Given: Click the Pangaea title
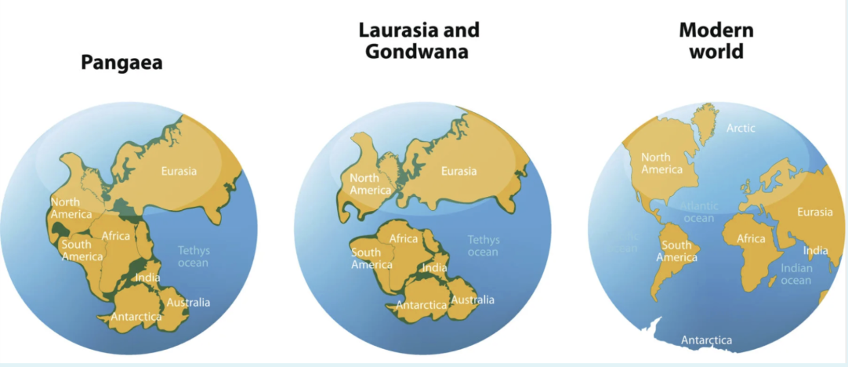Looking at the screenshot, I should tap(121, 63).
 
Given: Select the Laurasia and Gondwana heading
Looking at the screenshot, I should tap(419, 41).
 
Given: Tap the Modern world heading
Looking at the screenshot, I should tap(716, 41).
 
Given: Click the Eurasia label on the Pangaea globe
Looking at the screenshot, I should tap(179, 171).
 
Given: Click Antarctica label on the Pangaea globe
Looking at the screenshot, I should tap(136, 317).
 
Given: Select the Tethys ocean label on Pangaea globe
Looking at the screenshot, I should tap(193, 256).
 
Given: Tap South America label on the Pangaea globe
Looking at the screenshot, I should tap(82, 250).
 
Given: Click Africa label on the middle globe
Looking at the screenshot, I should tap(404, 238).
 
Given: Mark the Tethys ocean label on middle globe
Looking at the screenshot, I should tap(483, 245).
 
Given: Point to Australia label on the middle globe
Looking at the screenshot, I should tap(473, 300).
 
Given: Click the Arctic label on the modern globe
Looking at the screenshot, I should tap(741, 128).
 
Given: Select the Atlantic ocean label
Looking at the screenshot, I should tap(698, 212).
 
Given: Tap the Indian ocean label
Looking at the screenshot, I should tap(796, 274).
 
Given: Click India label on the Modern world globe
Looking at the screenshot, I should tap(815, 251).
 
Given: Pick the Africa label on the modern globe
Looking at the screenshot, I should tap(751, 238).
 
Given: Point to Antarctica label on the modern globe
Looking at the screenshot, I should tap(706, 340).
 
